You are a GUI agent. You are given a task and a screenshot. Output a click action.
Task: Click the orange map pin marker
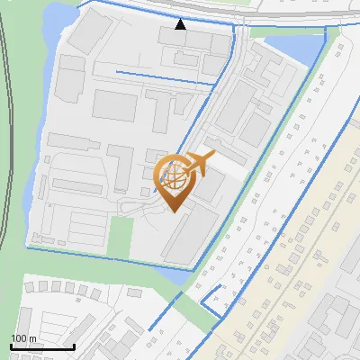click(x=175, y=184)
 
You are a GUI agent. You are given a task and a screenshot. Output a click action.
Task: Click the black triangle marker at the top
click(x=181, y=24)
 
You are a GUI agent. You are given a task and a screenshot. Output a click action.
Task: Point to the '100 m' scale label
click(x=23, y=338)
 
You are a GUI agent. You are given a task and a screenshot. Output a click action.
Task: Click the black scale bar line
click(x=41, y=346)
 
